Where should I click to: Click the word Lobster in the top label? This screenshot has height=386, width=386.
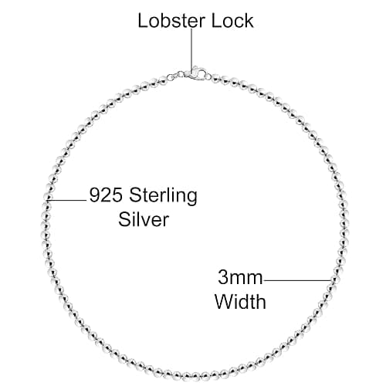171,21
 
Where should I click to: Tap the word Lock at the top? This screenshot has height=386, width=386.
232,21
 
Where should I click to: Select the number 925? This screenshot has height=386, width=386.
106,195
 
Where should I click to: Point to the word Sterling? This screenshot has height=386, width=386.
163,196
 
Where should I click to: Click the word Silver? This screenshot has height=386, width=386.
144,219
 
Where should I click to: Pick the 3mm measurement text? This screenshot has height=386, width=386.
240,277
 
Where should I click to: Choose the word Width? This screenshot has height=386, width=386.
240,301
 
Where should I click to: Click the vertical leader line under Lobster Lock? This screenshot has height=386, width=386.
191,51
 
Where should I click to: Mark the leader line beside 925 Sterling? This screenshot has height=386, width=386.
66,200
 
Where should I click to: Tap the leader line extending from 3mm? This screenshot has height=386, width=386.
297,280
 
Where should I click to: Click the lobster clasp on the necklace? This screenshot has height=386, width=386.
195,73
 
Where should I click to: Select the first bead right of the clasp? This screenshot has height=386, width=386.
215,77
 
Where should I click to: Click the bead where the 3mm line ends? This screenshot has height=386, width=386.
334,280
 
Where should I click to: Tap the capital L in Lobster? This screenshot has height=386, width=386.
143,21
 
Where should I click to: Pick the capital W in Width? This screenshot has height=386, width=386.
224,301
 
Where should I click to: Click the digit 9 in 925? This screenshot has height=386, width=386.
94,195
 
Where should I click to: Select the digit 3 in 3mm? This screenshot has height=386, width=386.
223,277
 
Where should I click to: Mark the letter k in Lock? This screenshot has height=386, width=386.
249,21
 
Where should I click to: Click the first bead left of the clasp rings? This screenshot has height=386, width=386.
163,80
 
